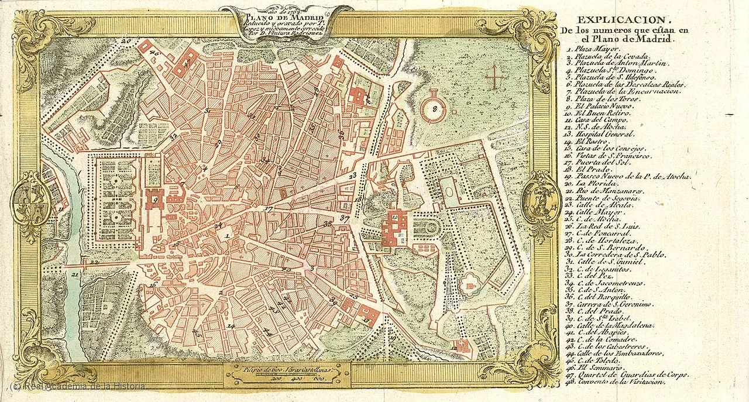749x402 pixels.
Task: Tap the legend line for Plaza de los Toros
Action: [x=600, y=99]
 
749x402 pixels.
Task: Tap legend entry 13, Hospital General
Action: [x=600, y=134]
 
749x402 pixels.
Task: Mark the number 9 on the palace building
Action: [x=154, y=200]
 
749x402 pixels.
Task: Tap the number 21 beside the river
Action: [x=74, y=273]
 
